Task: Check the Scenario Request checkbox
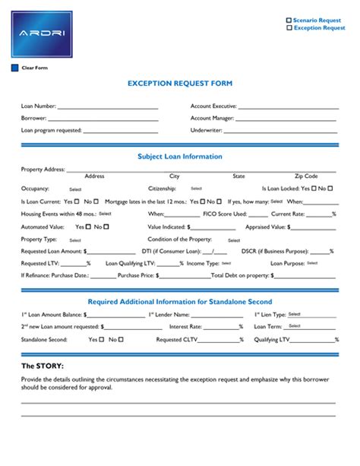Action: coord(289,20)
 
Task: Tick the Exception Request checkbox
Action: coord(289,28)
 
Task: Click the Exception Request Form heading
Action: coord(179,84)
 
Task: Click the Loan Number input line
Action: coord(107,107)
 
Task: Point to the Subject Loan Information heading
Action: coord(179,157)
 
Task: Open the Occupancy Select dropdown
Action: coord(75,189)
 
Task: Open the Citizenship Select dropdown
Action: coord(196,189)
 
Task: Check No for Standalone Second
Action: coord(116,339)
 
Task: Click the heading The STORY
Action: coord(42,366)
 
